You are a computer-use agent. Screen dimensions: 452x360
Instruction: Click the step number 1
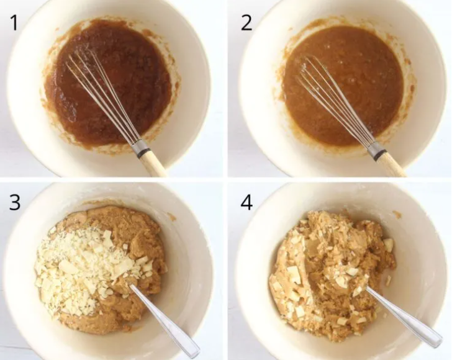click(14, 23)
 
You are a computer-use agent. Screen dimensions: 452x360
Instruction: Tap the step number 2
click(246, 23)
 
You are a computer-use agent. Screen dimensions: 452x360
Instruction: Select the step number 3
click(15, 202)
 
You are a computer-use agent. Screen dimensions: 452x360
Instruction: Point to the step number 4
click(246, 202)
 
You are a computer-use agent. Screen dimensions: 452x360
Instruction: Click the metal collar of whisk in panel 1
click(141, 148)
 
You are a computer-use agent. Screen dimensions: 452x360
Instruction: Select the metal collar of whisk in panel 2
click(377, 150)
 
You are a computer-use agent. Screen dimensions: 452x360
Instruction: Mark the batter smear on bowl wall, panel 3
click(172, 217)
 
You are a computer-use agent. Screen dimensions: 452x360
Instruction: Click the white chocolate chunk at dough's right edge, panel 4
click(387, 245)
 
